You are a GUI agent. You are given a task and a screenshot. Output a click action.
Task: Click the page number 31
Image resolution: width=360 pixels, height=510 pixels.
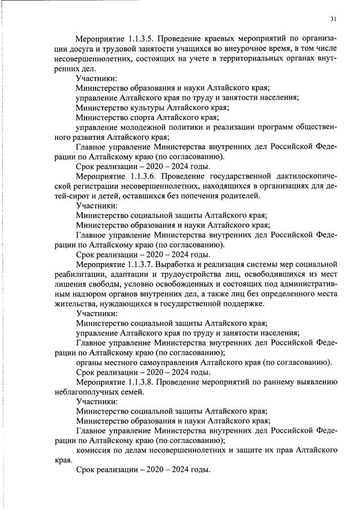334,19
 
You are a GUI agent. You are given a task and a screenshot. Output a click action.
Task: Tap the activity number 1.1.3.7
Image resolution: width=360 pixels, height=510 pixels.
140,264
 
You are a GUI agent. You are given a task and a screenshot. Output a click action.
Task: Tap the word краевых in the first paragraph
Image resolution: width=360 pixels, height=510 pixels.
223,39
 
